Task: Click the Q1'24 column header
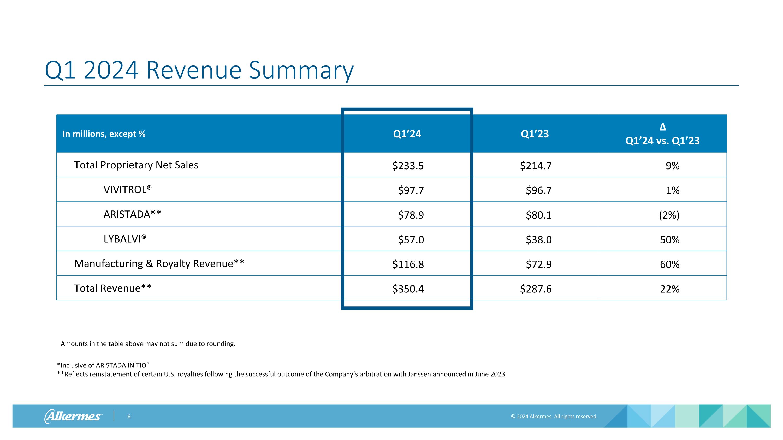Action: point(407,134)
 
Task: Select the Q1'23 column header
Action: point(535,134)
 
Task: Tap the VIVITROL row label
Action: point(127,190)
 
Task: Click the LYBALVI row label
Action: point(124,239)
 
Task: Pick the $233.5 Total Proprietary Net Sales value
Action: point(408,166)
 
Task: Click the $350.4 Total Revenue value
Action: point(408,289)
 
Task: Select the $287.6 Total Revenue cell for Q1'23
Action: point(536,289)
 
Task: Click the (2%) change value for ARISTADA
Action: point(669,215)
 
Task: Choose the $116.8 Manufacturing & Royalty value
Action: point(408,264)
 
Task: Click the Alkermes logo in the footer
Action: point(73,416)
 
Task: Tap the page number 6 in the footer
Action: point(129,417)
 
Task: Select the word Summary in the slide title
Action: point(301,70)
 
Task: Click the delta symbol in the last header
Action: point(663,127)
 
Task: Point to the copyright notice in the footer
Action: point(554,416)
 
